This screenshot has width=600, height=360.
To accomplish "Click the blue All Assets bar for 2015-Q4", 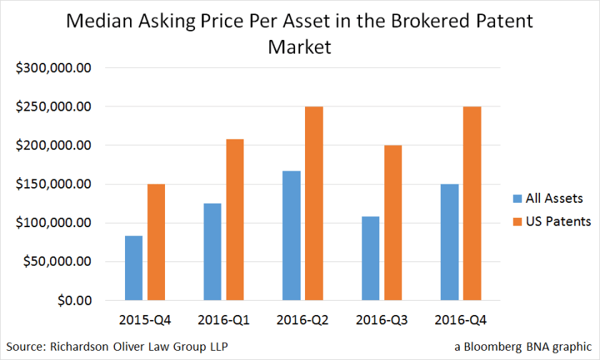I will pos(134,268).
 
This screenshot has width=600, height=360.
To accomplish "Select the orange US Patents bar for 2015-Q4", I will pos(156,242).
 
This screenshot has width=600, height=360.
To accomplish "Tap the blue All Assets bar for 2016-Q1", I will pos(212,251).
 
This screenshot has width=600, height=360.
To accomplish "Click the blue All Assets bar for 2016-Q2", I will pos(291,236).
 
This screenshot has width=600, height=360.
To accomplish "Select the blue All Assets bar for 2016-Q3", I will pos(371,259).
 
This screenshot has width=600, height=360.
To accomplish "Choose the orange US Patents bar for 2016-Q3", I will pos(394,223).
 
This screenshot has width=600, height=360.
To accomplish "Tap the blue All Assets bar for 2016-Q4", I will pos(449,242).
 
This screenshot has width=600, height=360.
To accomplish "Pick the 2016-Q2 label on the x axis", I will pos(303,319).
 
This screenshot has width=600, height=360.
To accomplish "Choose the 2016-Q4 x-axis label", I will pos(461,319).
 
